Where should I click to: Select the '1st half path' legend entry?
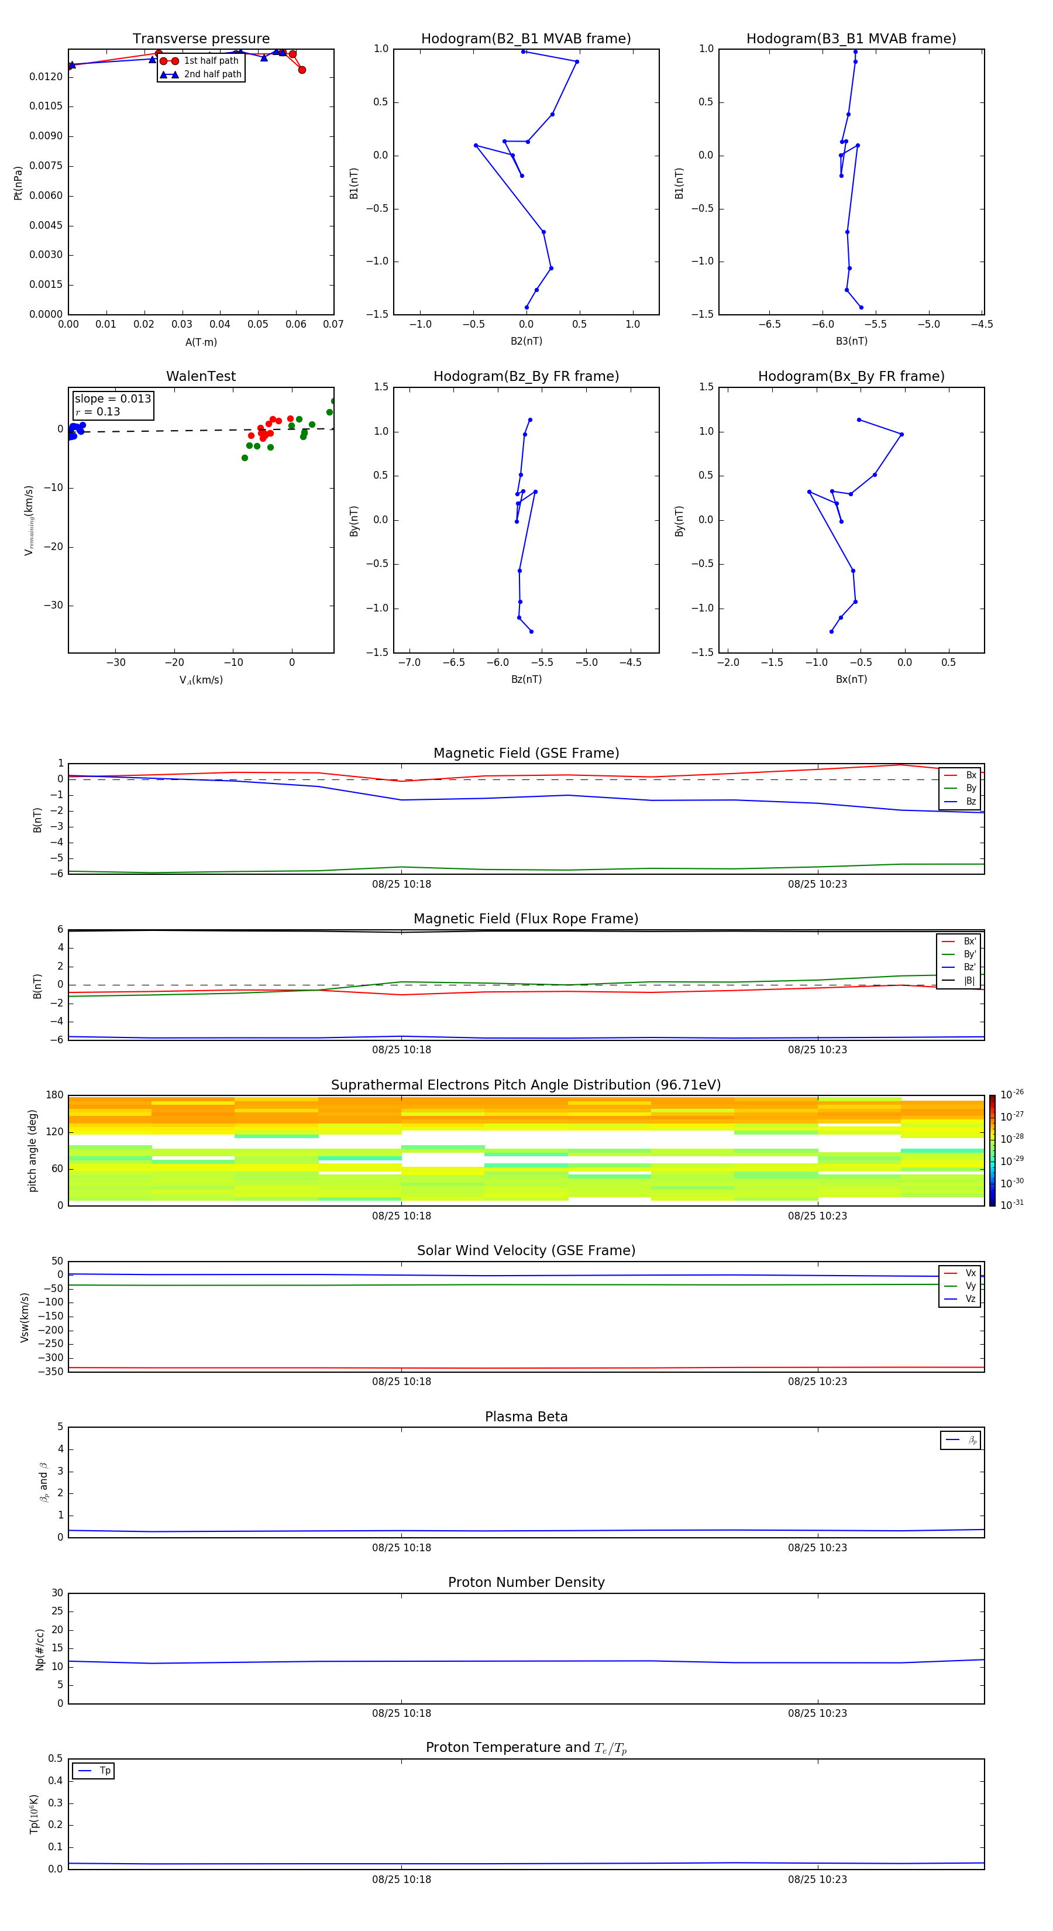211,61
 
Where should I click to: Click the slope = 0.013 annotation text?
112,399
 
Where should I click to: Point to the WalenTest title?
201,376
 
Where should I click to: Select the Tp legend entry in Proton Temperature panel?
105,1771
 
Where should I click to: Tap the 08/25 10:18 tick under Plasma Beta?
402,1547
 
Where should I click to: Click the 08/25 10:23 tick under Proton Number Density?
817,1713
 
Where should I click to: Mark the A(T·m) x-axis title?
201,342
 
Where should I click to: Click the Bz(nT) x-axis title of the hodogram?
526,679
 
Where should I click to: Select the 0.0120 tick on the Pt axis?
46,77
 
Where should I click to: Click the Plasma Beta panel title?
526,1417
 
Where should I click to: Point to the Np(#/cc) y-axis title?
40,1649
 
